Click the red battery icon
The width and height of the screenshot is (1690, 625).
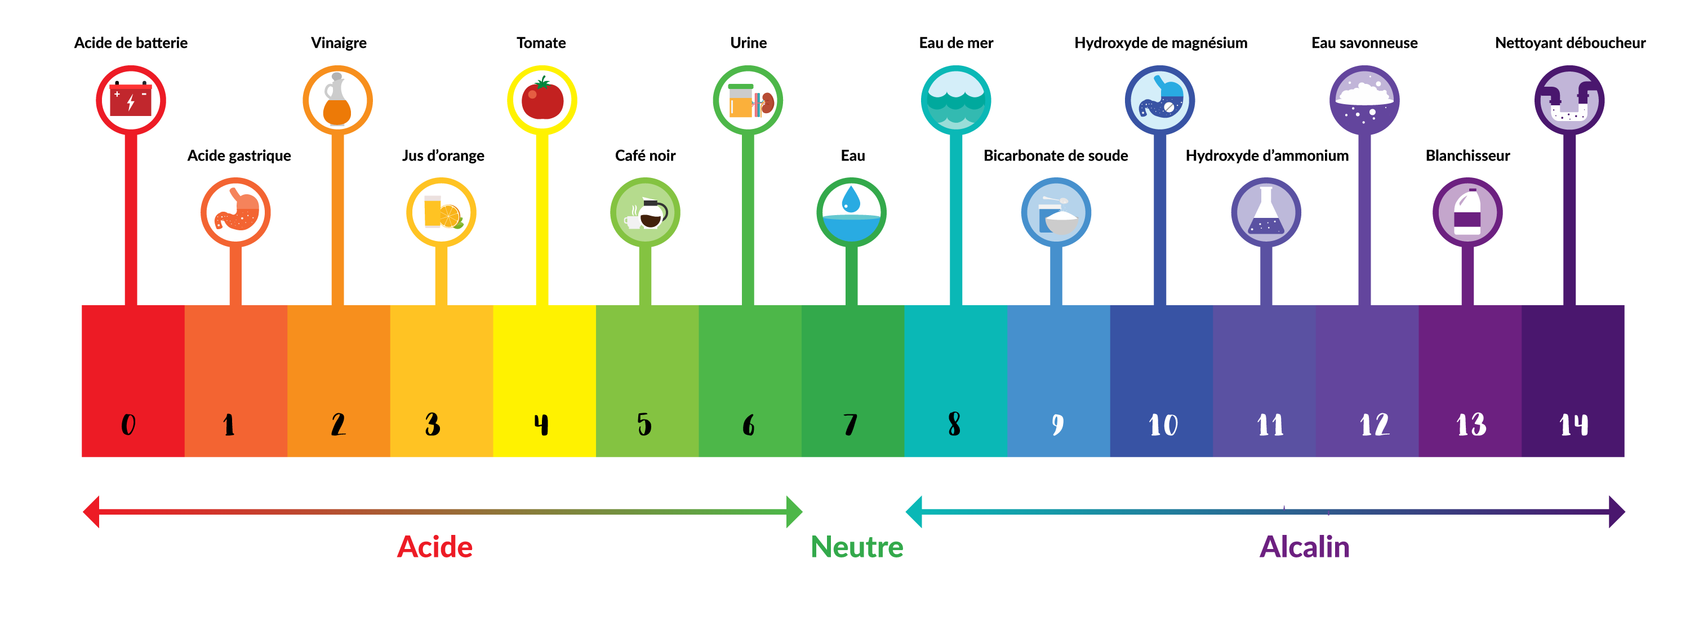(131, 100)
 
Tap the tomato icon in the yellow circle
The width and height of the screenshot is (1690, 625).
(542, 100)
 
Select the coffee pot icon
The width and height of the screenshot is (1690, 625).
(645, 212)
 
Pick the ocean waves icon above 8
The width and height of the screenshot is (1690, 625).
(956, 100)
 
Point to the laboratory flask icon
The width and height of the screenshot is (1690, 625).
(1266, 212)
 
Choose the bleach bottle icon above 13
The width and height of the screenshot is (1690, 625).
(1467, 212)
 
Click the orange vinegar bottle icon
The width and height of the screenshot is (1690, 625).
(337, 100)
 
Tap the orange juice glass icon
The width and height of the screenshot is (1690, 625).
(441, 212)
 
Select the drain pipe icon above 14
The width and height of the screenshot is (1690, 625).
(1569, 100)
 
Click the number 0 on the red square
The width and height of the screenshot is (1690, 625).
(128, 425)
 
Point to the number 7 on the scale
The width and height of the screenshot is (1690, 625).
(850, 425)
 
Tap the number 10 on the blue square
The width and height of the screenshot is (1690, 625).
(1163, 425)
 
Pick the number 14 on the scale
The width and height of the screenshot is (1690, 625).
(1573, 425)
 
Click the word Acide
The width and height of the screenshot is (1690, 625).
(434, 547)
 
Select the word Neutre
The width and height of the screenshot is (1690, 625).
(857, 547)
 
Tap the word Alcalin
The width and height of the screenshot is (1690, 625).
(1304, 547)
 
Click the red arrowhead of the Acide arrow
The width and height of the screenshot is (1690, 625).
(91, 511)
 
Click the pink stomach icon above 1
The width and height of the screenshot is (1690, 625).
(235, 212)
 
